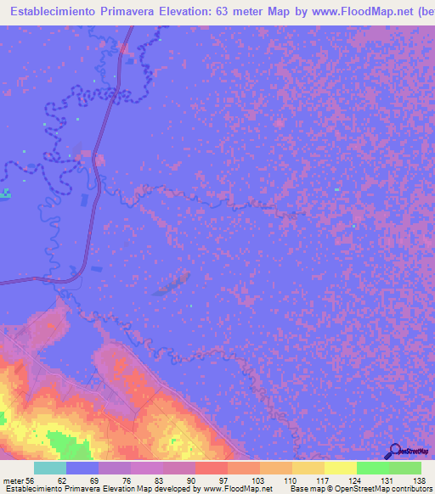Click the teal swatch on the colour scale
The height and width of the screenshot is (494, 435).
pyautogui.click(x=50, y=468)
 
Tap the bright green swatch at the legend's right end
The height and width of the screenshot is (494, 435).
pyautogui.click(x=405, y=468)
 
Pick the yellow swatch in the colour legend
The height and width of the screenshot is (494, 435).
pyautogui.click(x=341, y=468)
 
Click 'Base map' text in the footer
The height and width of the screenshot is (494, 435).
pyautogui.click(x=304, y=490)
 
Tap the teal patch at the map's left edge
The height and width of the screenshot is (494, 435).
pyautogui.click(x=5, y=194)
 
